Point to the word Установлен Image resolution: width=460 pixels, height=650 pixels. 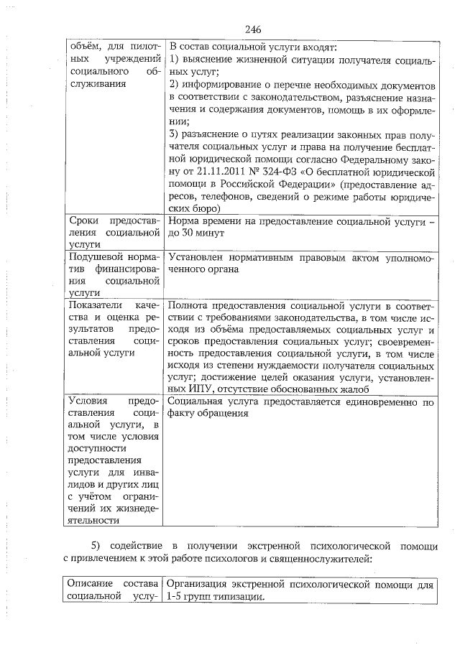click(x=196, y=256)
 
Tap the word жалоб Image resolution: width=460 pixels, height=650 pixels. click(x=344, y=387)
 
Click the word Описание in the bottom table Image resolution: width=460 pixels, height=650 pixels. click(x=92, y=585)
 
